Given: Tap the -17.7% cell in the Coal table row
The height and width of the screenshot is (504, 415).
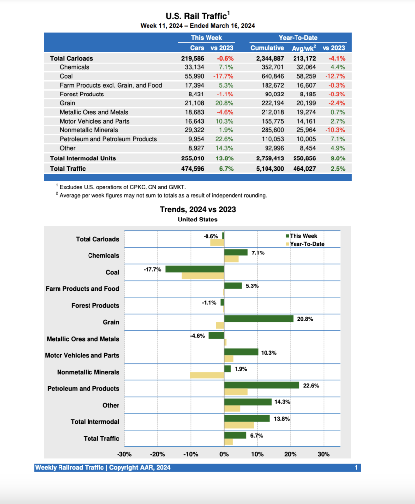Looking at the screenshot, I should tap(223, 76).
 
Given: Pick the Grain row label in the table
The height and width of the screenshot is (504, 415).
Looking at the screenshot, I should tap(68, 103).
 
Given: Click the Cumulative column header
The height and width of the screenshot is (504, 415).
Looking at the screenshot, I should tap(267, 48).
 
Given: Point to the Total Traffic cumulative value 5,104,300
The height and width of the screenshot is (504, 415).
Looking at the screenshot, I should tap(267, 168).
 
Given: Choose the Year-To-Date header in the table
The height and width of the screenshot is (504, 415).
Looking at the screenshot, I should tap(298, 38).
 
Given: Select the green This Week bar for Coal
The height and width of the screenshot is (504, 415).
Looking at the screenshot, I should tap(195, 269).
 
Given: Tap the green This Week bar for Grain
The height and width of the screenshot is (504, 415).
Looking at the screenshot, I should tap(258, 319).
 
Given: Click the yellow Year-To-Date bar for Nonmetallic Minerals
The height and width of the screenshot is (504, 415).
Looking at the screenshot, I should tap(207, 376).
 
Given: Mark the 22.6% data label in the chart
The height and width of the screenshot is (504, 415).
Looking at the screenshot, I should tap(311, 386).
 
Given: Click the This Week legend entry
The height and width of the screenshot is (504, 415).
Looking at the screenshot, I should tap(303, 236).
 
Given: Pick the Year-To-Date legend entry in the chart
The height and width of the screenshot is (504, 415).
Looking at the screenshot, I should tap(306, 244).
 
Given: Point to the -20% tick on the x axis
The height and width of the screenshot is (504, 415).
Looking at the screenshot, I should tap(157, 454).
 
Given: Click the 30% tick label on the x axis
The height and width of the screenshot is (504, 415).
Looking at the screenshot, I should tap(323, 454).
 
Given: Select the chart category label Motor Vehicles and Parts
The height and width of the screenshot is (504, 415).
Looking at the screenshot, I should tap(82, 355).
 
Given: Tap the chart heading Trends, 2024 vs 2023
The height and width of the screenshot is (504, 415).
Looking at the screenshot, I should tap(198, 209).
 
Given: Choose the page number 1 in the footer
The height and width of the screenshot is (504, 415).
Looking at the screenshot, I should tap(356, 468).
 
